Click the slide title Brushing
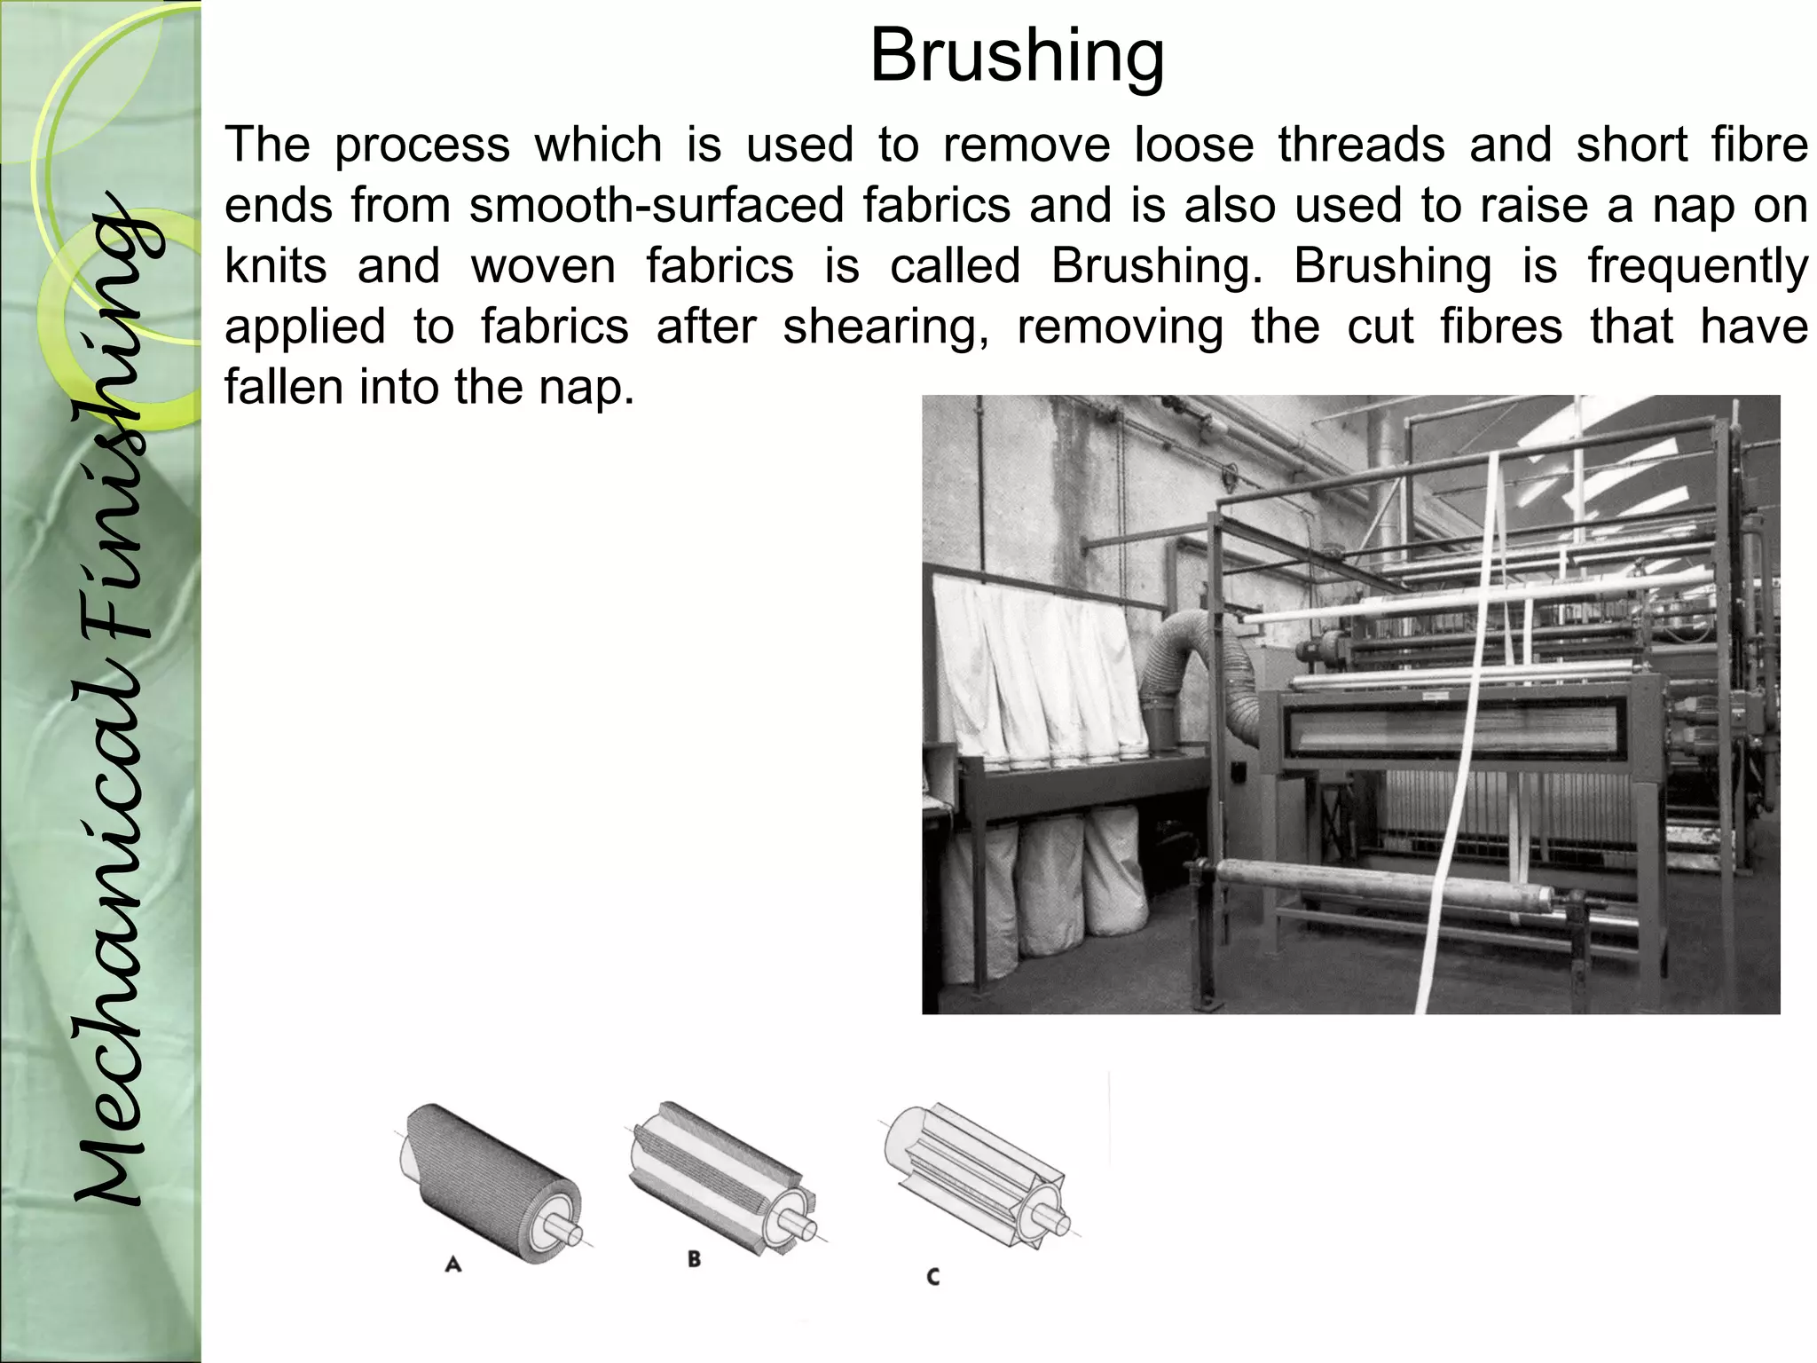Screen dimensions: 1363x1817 click(x=1017, y=55)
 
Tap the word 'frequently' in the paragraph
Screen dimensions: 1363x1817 click(x=1697, y=266)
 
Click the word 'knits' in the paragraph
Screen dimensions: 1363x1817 click(x=276, y=266)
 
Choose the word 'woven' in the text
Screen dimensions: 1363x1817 click(x=543, y=266)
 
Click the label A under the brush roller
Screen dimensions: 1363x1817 click(x=453, y=1265)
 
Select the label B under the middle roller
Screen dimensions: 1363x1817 click(x=694, y=1258)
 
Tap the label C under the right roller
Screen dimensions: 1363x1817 click(x=932, y=1278)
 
